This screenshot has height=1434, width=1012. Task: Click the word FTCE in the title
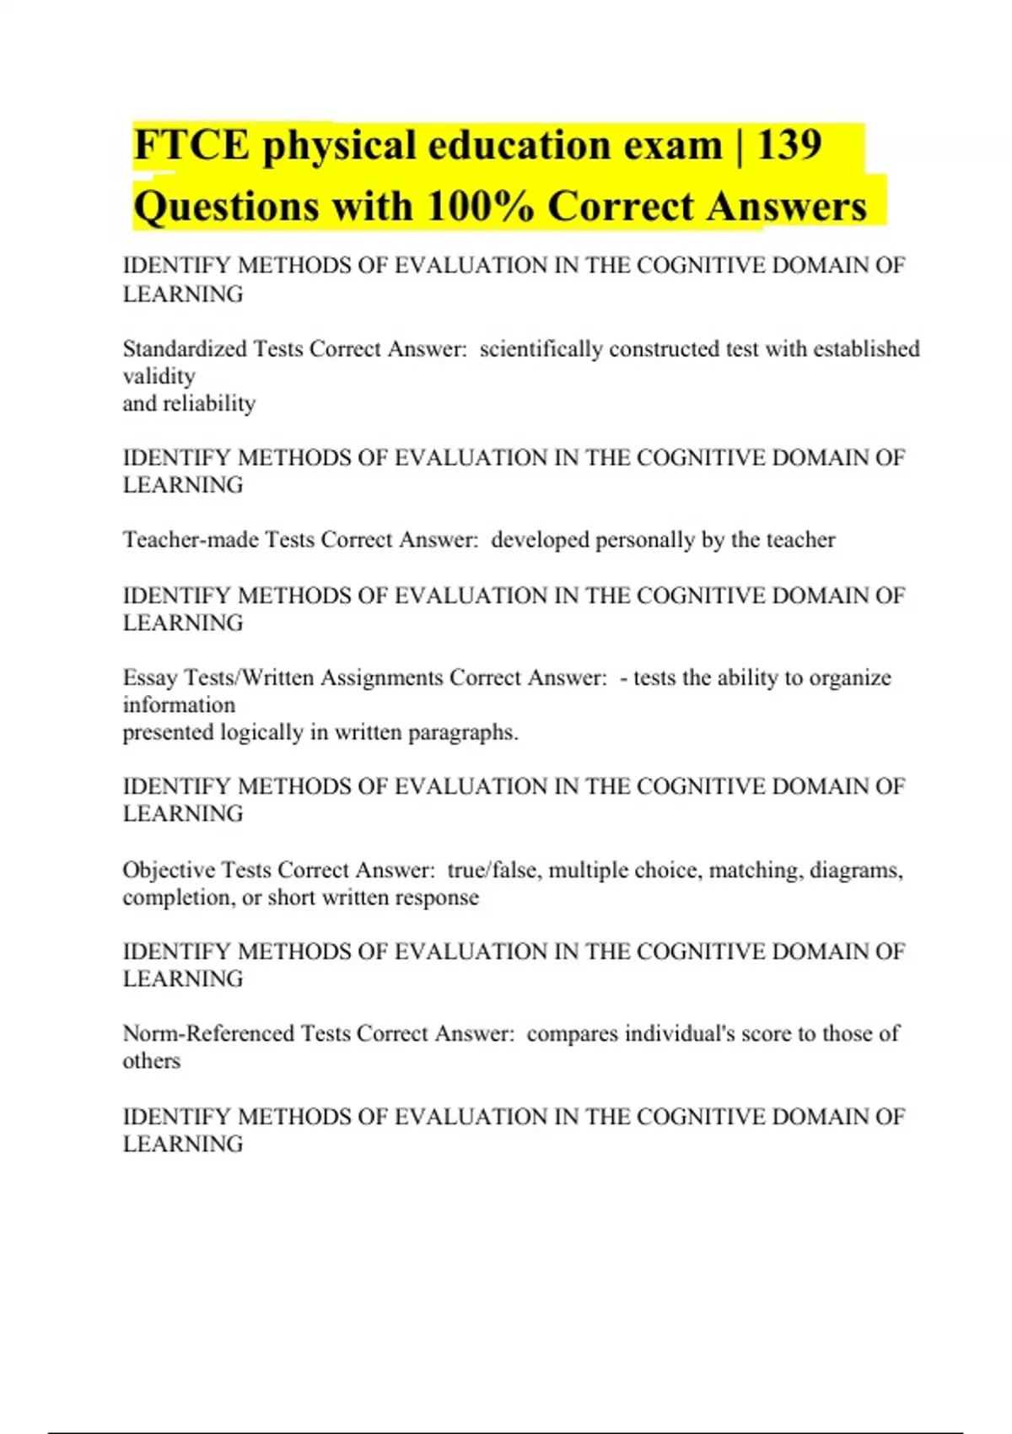pyautogui.click(x=191, y=146)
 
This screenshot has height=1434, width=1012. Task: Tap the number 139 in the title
pyautogui.click(x=789, y=146)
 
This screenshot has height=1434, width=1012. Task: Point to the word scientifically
pyautogui.click(x=541, y=348)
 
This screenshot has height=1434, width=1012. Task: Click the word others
pyautogui.click(x=151, y=1061)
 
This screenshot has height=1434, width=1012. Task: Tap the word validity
pyautogui.click(x=159, y=376)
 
